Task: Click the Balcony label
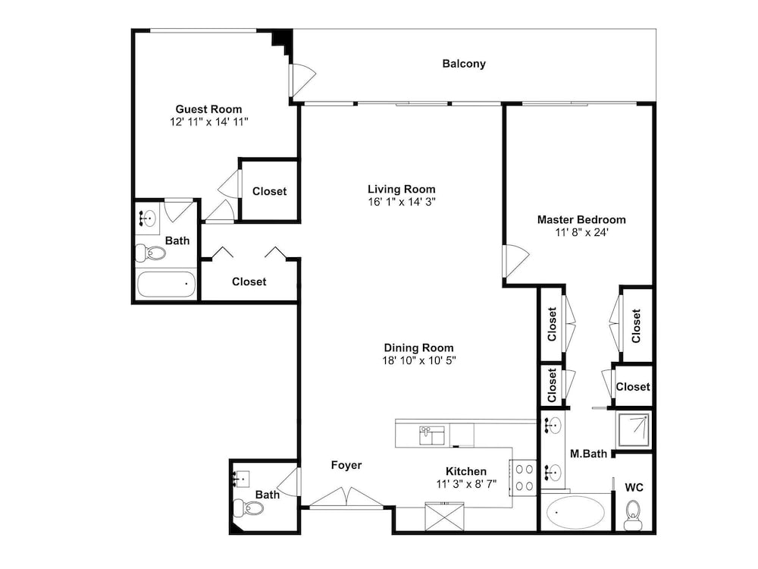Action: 464,64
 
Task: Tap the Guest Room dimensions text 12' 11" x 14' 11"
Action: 209,122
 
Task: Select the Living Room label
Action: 401,189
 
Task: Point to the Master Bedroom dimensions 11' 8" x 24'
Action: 581,232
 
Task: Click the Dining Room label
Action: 418,348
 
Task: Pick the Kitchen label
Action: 466,471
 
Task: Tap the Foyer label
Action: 346,465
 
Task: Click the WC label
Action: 634,487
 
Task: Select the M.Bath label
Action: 588,454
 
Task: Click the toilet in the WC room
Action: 633,516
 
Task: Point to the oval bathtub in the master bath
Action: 575,512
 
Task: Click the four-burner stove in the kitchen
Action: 523,477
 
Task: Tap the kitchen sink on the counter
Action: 432,435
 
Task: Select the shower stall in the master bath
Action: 633,429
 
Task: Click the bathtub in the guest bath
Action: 166,284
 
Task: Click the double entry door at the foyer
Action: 346,498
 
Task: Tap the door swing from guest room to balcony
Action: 302,79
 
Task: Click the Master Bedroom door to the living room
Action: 515,261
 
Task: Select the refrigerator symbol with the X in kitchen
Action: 444,517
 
